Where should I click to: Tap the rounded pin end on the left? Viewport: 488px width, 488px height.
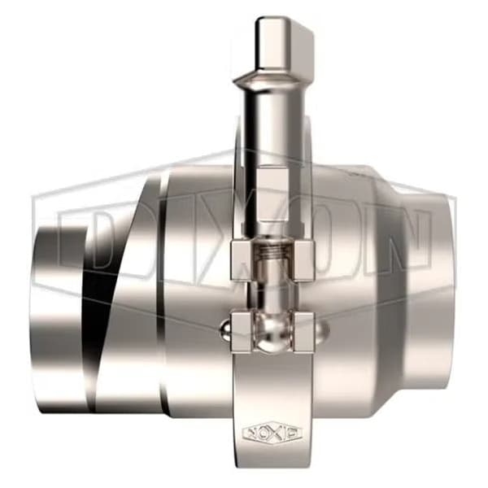point(225,329)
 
